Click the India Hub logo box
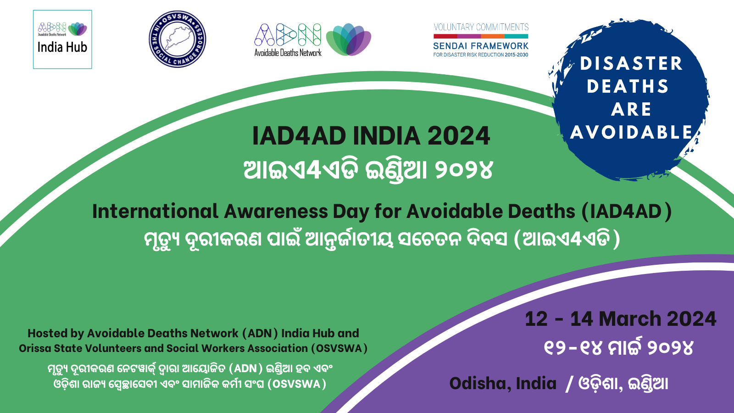click(x=62, y=39)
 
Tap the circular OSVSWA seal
click(x=177, y=39)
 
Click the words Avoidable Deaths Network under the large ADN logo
click(x=288, y=52)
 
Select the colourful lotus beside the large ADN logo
click(x=349, y=39)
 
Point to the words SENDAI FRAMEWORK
click(x=481, y=46)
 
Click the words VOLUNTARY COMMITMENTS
click(x=481, y=27)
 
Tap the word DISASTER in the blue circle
click(x=631, y=64)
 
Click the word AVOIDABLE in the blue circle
click(x=631, y=133)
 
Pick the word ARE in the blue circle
click(x=631, y=110)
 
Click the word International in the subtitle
click(x=156, y=212)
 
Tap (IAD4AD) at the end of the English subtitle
click(x=627, y=212)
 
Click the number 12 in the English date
click(x=536, y=319)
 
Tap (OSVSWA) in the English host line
click(x=339, y=348)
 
